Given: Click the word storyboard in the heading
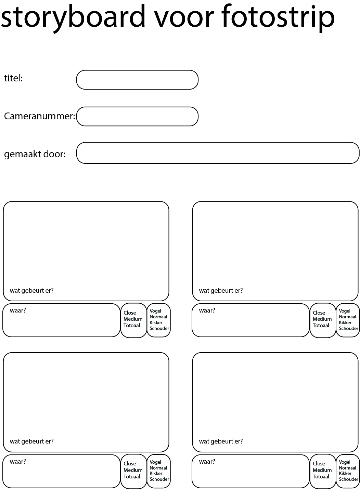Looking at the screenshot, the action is [x=73, y=18].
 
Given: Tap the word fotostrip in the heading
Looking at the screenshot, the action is [x=278, y=18].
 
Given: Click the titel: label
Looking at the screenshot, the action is [x=14, y=78].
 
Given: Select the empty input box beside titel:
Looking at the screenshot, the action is [x=137, y=80].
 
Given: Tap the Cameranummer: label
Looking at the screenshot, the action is [x=40, y=116].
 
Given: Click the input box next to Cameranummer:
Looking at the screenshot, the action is [x=137, y=116].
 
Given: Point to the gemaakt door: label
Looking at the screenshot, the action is [x=35, y=154].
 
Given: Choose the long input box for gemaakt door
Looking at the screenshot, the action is [x=218, y=153].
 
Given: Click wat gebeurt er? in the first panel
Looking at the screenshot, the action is [x=32, y=290].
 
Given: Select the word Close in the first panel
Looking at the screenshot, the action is [x=130, y=313].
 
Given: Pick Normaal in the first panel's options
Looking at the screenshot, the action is [x=158, y=317].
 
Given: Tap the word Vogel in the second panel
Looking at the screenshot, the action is [x=345, y=311].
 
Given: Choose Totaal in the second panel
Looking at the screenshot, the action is [x=321, y=325].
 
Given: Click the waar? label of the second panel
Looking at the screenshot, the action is [x=207, y=310].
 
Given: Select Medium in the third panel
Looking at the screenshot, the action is [x=133, y=470].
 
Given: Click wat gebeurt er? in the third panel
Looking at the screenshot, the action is [x=32, y=441].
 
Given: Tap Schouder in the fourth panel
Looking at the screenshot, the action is [x=348, y=479].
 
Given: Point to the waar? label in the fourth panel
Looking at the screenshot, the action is [x=207, y=461].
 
